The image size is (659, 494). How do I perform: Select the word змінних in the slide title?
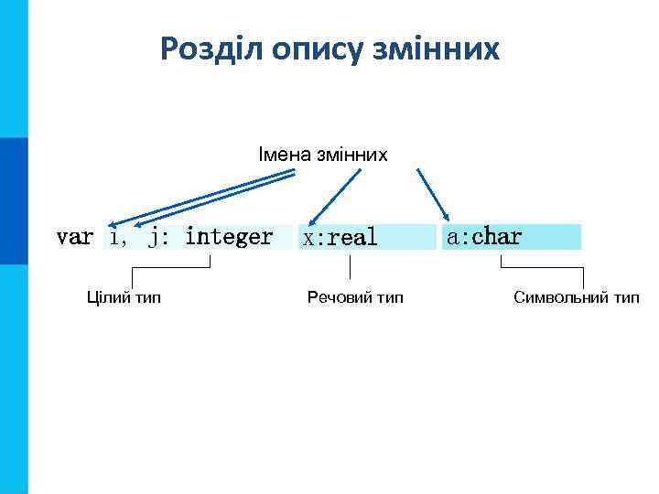coord(438,49)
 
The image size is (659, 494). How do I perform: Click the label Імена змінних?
coord(323,155)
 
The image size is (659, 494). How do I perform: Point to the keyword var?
coord(74,237)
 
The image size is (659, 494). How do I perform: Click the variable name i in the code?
coord(113,237)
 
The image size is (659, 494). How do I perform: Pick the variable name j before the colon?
coord(156,237)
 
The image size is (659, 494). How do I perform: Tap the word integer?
coord(229,237)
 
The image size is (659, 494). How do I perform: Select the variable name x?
coord(309,238)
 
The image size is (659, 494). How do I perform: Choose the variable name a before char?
coord(452,236)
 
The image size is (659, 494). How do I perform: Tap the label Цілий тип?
coord(124,297)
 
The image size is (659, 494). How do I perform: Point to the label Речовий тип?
coord(354,297)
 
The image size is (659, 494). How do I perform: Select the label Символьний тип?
coord(577,297)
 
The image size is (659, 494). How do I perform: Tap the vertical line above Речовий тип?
coord(351,268)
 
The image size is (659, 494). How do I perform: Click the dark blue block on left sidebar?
coord(14,201)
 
